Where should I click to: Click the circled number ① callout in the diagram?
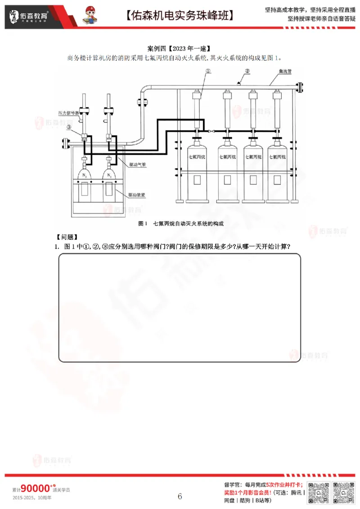tap(208, 71)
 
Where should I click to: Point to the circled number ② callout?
tap(247, 71)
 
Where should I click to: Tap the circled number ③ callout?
tap(68, 127)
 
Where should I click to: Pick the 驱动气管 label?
tap(137, 165)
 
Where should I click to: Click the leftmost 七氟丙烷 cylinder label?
tap(197, 157)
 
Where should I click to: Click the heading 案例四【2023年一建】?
tap(180, 48)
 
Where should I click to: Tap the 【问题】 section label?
tap(67, 237)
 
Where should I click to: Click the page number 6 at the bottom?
tap(180, 496)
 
